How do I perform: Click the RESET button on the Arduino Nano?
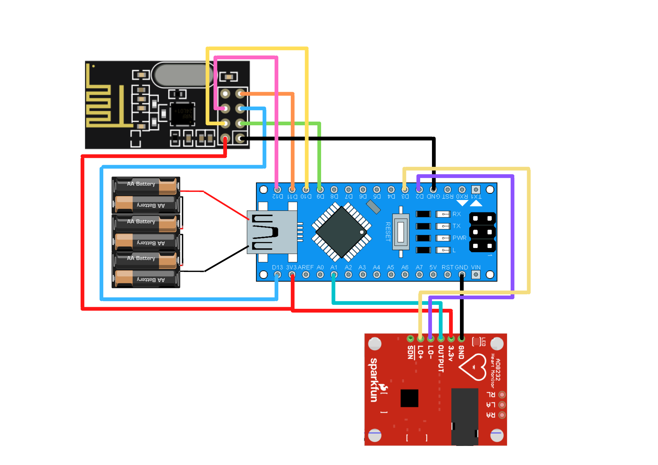click(401, 232)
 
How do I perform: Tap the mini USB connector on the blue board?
click(272, 232)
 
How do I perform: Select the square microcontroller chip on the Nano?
click(342, 232)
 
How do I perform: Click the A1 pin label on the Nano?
click(334, 267)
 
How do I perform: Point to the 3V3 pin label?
click(291, 267)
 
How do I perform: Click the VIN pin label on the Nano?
click(476, 267)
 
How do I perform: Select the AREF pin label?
click(306, 267)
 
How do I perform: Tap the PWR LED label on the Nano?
click(459, 238)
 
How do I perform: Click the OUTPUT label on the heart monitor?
click(441, 358)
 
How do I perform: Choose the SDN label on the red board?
click(410, 352)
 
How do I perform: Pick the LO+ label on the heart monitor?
click(420, 352)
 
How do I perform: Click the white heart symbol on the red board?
click(473, 367)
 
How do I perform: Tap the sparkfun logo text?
click(374, 380)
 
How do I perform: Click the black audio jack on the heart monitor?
click(465, 416)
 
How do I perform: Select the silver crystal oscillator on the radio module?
click(183, 75)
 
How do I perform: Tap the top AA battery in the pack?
click(146, 186)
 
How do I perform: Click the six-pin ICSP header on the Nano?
click(482, 232)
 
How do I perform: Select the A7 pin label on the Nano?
click(419, 267)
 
